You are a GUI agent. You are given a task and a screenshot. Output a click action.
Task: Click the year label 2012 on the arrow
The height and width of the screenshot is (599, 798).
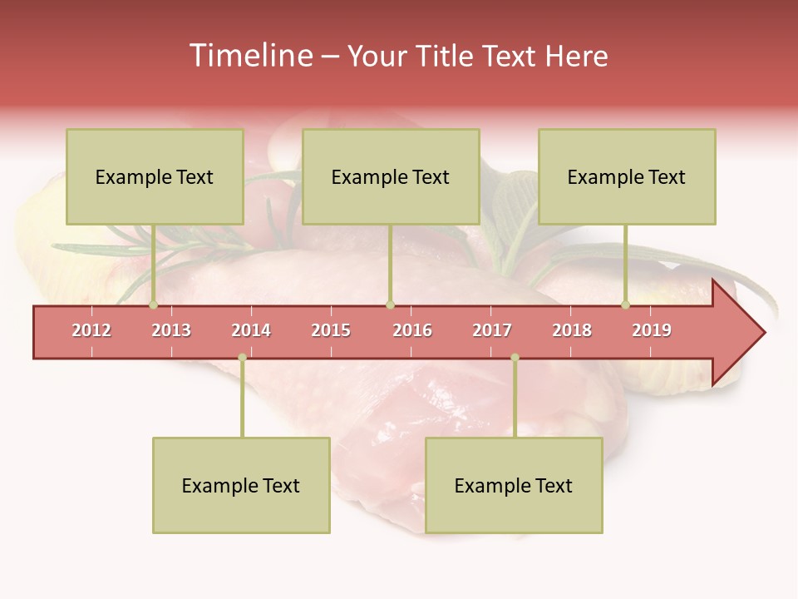[91, 330]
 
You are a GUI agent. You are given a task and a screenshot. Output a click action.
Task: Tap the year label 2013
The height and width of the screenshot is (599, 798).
[171, 330]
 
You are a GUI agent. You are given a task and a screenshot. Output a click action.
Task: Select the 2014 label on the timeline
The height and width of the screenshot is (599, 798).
[251, 330]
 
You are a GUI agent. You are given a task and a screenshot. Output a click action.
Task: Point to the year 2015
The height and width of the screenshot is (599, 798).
[331, 330]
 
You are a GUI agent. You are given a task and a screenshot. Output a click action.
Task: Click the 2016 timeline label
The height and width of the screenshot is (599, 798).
[412, 330]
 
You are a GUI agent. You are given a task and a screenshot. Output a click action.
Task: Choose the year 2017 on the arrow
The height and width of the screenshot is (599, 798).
[492, 330]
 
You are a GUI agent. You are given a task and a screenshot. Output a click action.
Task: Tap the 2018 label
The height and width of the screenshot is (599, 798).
[572, 330]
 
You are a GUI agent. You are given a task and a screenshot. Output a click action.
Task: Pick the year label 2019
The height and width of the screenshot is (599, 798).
[652, 330]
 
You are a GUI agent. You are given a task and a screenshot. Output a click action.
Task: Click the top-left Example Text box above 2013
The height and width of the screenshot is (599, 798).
[155, 177]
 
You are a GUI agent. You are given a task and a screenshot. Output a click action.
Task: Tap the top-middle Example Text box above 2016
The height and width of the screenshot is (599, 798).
[391, 177]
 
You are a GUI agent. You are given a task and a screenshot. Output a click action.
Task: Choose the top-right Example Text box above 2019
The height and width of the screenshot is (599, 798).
[627, 177]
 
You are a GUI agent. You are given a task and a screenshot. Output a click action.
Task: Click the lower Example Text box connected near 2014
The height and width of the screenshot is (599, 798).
[241, 486]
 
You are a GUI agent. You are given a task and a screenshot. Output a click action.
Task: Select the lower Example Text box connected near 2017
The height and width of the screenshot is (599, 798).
[514, 486]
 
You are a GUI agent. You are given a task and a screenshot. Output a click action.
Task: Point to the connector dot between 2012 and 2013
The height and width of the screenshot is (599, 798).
[153, 305]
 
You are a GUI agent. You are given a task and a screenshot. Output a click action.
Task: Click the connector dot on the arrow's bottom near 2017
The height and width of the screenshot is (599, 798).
[515, 358]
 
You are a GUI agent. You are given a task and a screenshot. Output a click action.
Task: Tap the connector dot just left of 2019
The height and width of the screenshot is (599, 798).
[626, 305]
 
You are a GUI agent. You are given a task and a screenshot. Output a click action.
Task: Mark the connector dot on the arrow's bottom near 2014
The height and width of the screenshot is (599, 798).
[242, 358]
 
